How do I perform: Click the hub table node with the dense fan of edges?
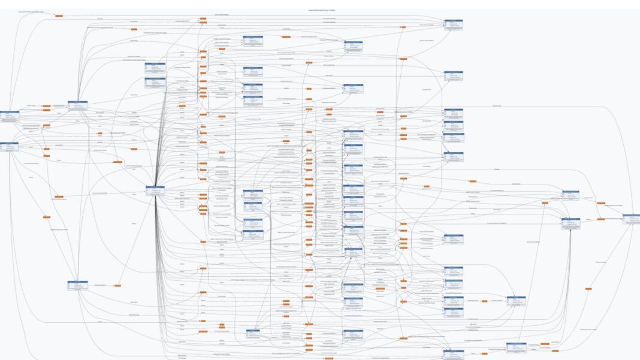pos(155,191)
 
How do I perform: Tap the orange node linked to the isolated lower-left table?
pos(117,285)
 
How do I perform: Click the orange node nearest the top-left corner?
pos(59,16)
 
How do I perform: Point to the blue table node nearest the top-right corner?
pos(453,24)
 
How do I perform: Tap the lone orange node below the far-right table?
pos(587,289)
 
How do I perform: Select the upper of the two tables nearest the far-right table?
pos(570,195)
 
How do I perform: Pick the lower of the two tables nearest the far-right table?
pos(570,223)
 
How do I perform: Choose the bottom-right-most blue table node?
pos(515,347)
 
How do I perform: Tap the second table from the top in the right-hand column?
pos(453,76)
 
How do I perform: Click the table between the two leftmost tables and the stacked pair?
pos(78,106)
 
